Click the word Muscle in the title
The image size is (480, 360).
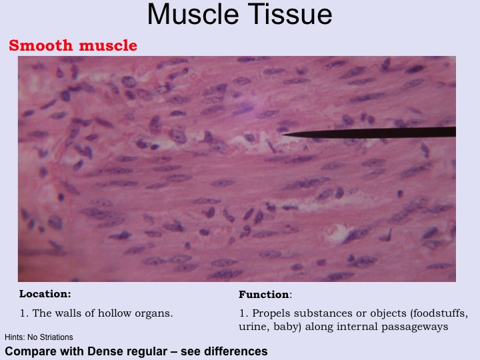(193, 15)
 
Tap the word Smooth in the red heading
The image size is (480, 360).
(41, 45)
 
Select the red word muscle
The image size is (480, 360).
(108, 45)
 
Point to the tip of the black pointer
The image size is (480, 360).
(283, 134)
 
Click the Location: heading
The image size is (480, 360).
(45, 294)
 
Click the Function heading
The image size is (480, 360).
(263, 295)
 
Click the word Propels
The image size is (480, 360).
(271, 314)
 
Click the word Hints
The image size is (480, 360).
(15, 337)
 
